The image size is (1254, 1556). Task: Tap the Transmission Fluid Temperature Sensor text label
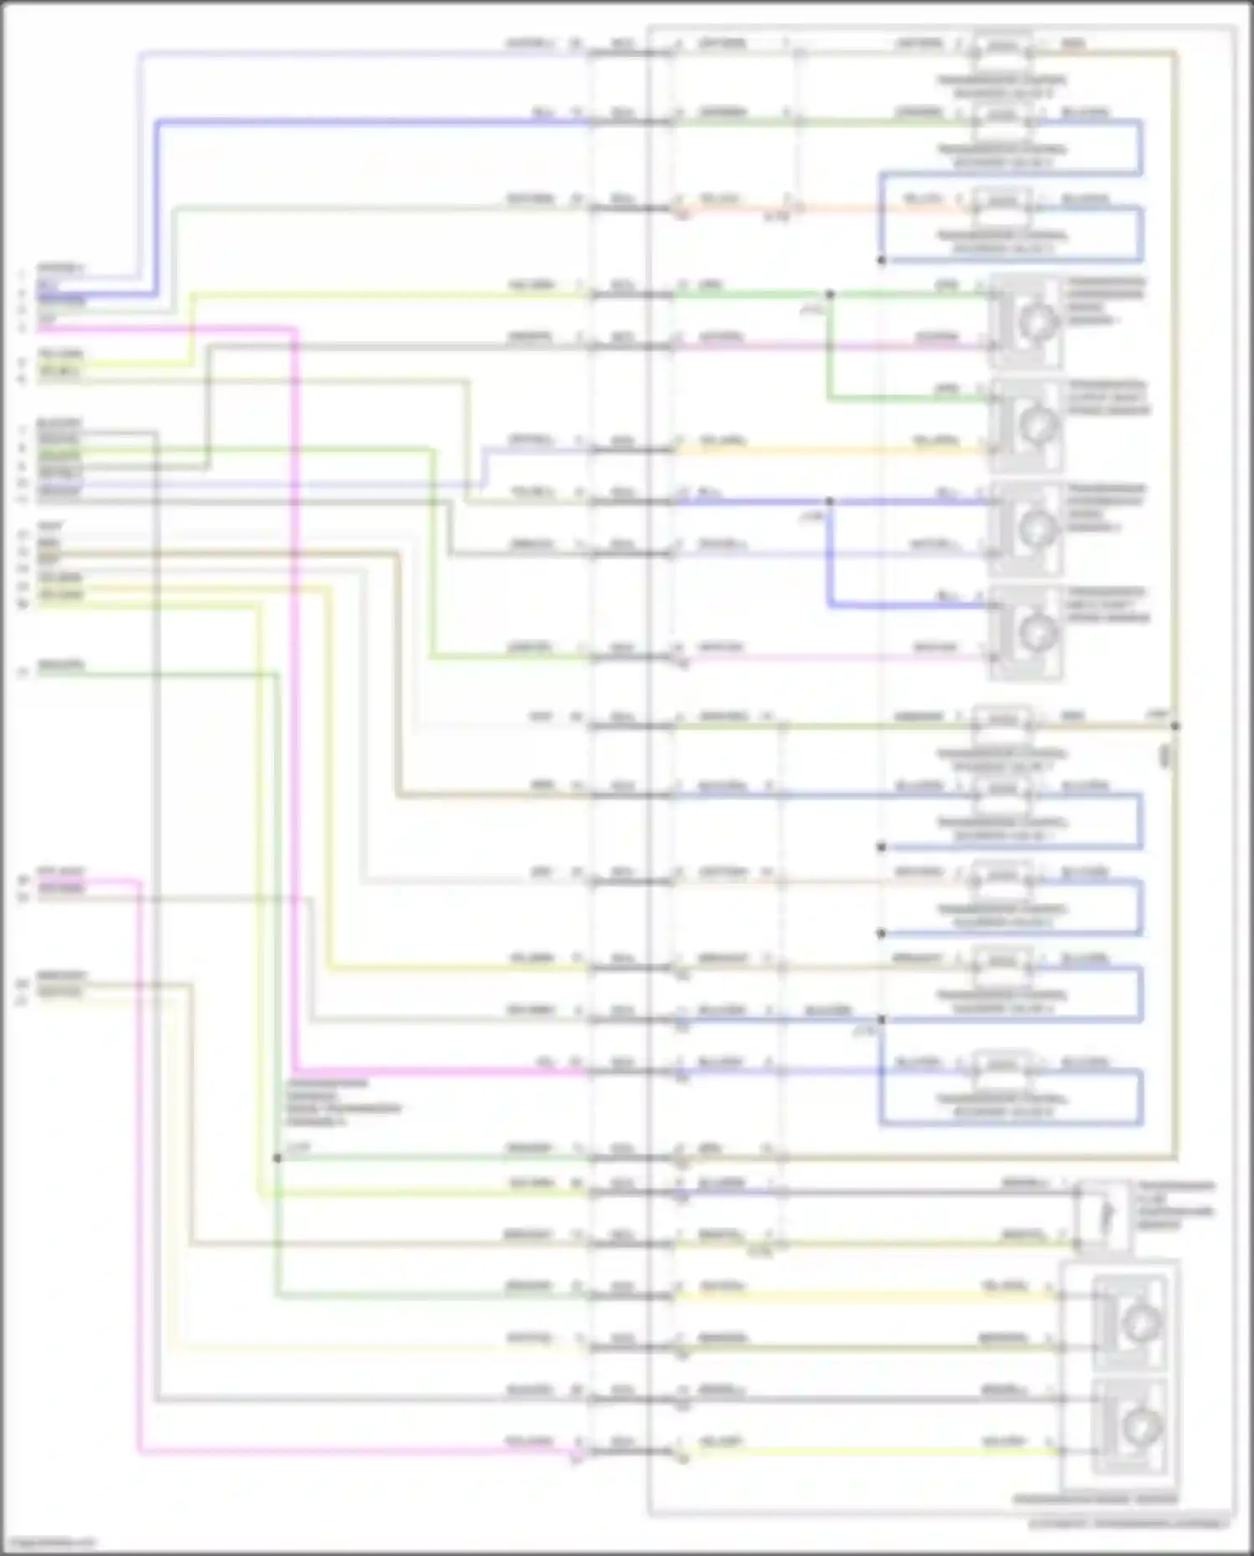1174,1205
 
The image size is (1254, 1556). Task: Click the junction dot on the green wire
830,294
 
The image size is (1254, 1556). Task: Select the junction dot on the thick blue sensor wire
830,502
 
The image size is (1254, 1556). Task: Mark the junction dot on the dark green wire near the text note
277,1158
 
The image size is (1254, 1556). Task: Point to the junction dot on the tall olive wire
1175,726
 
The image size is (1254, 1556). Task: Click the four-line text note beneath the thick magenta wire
343,1102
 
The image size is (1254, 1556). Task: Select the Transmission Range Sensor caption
1095,1499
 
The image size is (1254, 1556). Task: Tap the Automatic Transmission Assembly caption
1129,1524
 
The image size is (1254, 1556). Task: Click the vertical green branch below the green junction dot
830,351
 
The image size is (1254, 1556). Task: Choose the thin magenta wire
139,1171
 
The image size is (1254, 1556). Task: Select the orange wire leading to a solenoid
836,208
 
